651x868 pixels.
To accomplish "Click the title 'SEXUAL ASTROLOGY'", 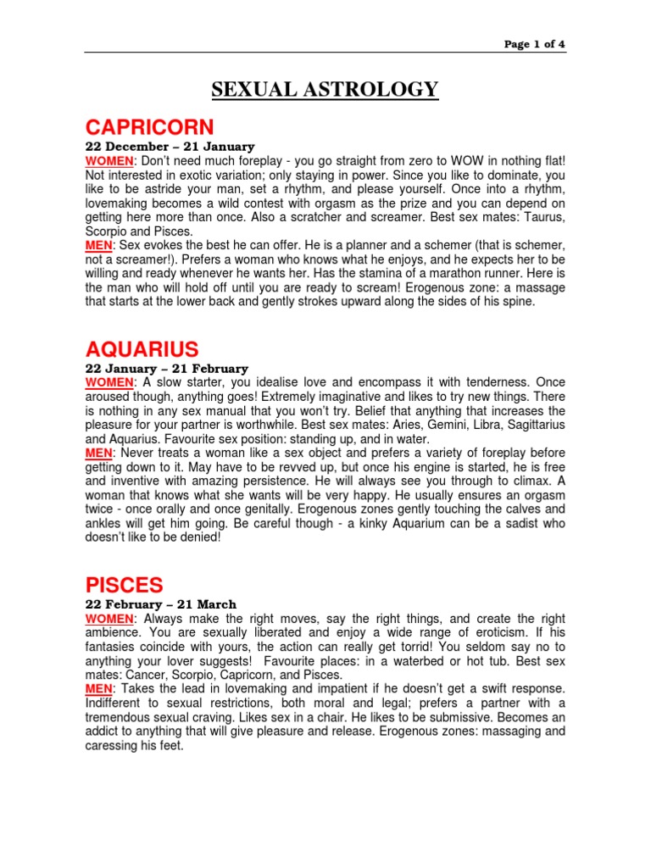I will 325,89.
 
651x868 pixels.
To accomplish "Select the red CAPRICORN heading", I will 150,127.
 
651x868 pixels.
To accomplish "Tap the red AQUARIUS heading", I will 142,348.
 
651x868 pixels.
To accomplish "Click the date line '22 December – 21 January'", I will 170,147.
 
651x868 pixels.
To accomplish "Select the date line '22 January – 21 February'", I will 167,369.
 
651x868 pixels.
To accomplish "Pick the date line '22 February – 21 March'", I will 161,604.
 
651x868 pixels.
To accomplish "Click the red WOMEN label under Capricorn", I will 110,161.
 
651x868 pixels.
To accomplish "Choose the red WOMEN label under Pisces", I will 110,619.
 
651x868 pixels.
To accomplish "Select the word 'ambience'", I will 116,632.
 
